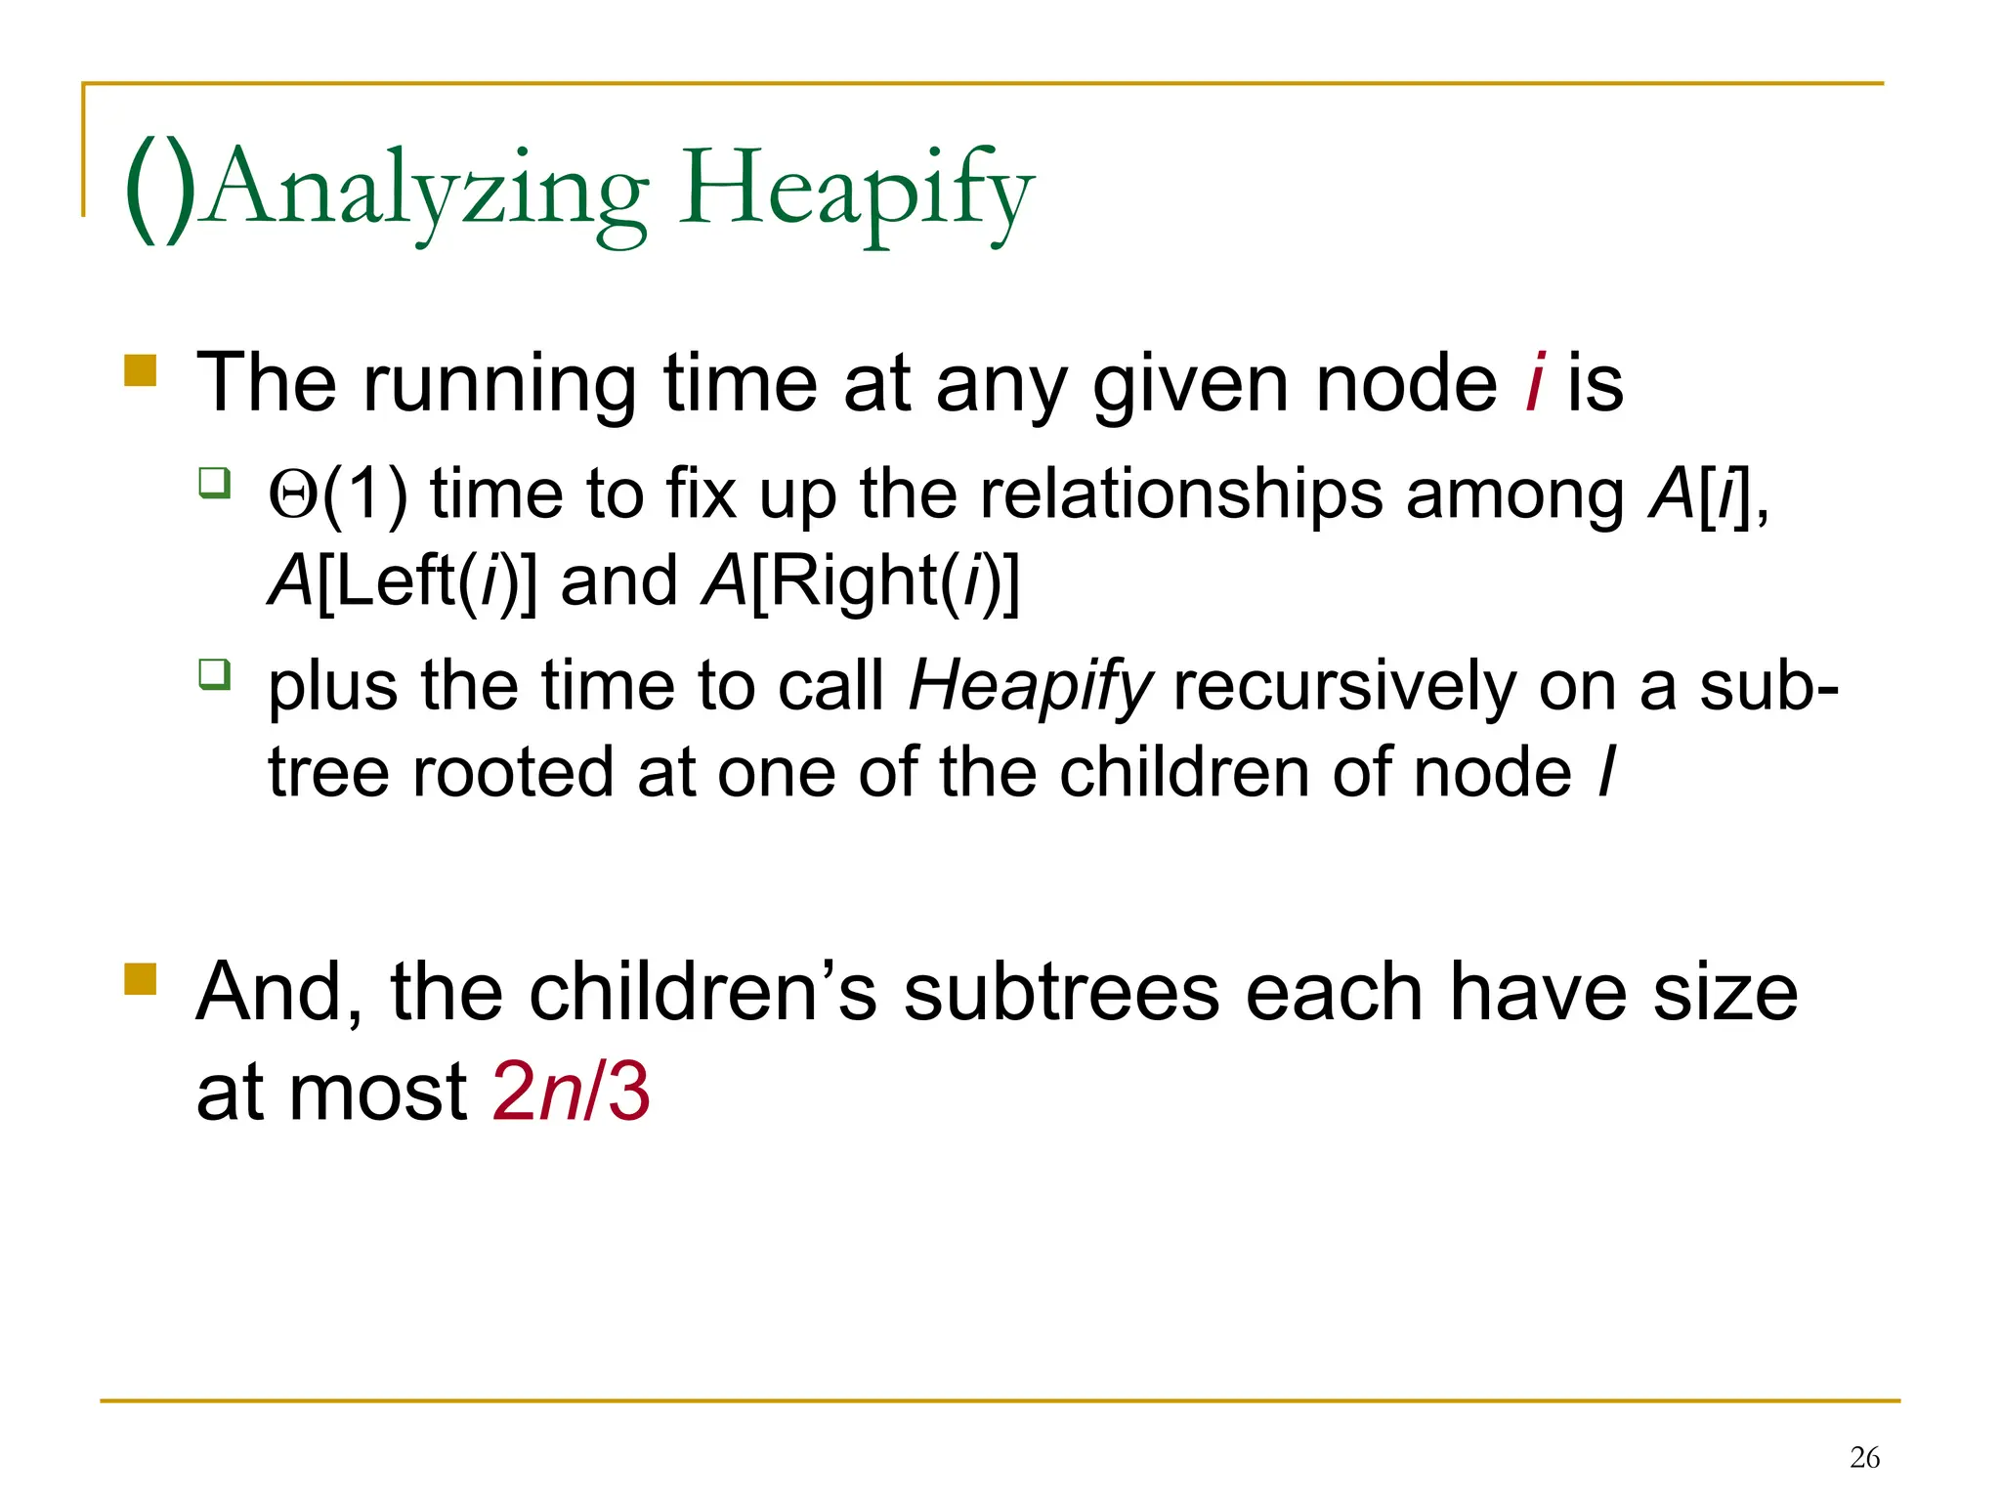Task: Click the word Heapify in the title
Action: [856, 191]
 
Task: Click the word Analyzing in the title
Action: [427, 191]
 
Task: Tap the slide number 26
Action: [1864, 1458]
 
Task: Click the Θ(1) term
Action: [338, 494]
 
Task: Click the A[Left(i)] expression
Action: [403, 582]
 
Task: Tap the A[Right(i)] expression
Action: [861, 582]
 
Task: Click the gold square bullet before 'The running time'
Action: [141, 370]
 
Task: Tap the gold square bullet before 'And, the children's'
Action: [141, 978]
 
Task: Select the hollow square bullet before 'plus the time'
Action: [214, 674]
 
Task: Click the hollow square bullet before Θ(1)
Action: [214, 483]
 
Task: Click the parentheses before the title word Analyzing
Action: [161, 191]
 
